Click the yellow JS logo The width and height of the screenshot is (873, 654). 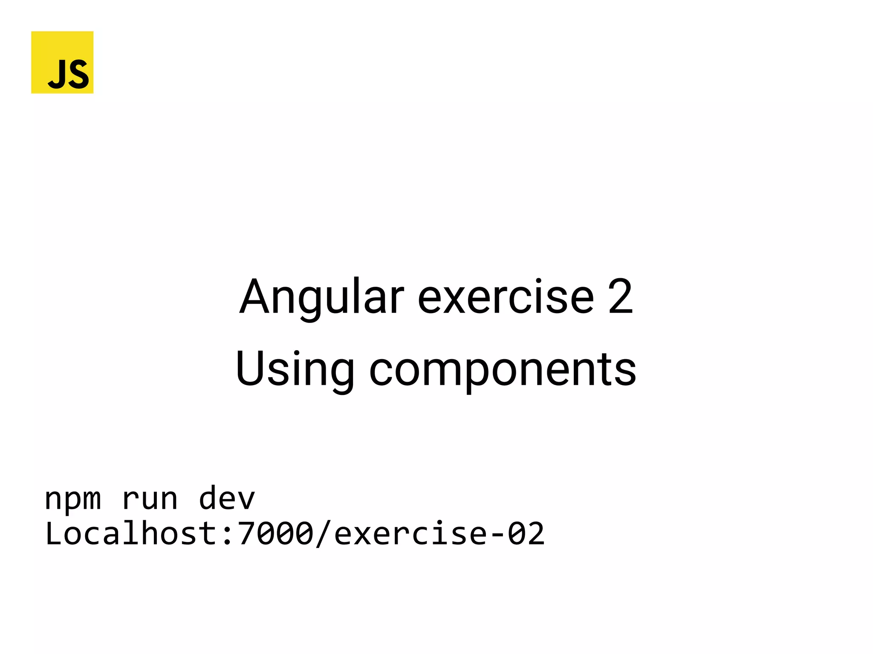coord(62,62)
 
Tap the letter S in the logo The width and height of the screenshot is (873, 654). coord(79,74)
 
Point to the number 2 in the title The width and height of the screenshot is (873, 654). coord(620,297)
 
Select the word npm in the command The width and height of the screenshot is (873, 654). coord(73,498)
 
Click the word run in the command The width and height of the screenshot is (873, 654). coord(150,498)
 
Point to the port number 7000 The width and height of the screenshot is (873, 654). coord(275,533)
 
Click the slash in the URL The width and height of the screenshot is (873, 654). coord(323,533)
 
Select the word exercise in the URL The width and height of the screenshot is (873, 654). coord(410,533)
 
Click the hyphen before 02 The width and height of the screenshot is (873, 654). coord(497,535)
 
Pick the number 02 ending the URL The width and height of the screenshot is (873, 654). coord(526,533)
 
